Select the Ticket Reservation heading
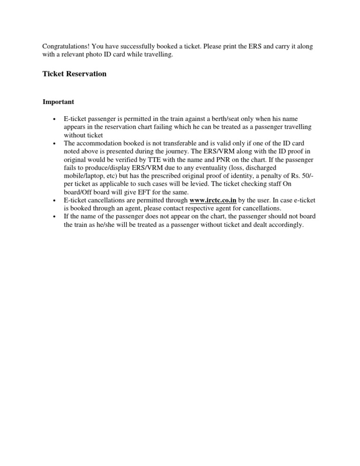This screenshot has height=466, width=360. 75,74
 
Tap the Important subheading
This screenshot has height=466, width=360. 58,102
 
